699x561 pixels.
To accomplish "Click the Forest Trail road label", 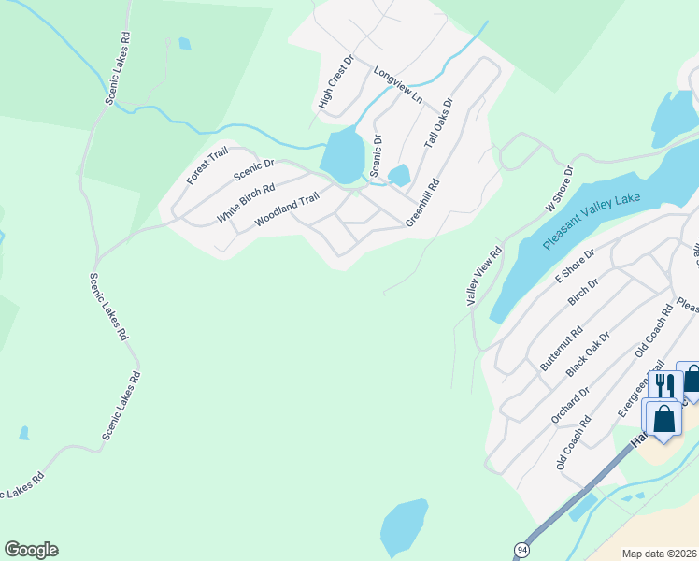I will point(207,165).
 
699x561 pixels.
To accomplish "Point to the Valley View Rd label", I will point(485,275).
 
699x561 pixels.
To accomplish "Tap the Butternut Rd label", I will point(561,348).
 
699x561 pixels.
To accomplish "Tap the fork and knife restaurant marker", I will point(664,386).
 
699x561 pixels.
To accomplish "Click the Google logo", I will point(31,550).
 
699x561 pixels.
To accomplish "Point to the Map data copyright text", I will point(658,554).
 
